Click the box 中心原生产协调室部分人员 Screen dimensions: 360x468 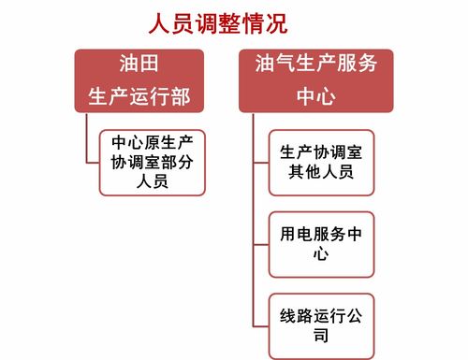pyautogui.click(x=152, y=162)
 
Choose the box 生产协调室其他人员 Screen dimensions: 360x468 pyautogui.click(x=321, y=162)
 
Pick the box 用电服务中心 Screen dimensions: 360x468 pyautogui.click(x=321, y=243)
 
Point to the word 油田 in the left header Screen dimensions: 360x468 pyautogui.click(x=138, y=65)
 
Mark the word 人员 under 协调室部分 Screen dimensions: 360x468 pyautogui.click(x=152, y=181)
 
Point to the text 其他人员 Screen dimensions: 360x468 pyautogui.click(x=321, y=172)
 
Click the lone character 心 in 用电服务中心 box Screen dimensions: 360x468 pyautogui.click(x=321, y=254)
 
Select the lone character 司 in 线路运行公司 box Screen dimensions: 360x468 pyautogui.click(x=321, y=336)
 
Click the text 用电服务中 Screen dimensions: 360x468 pyautogui.click(x=321, y=233)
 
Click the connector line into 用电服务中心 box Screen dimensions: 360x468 pyautogui.click(x=261, y=243)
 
